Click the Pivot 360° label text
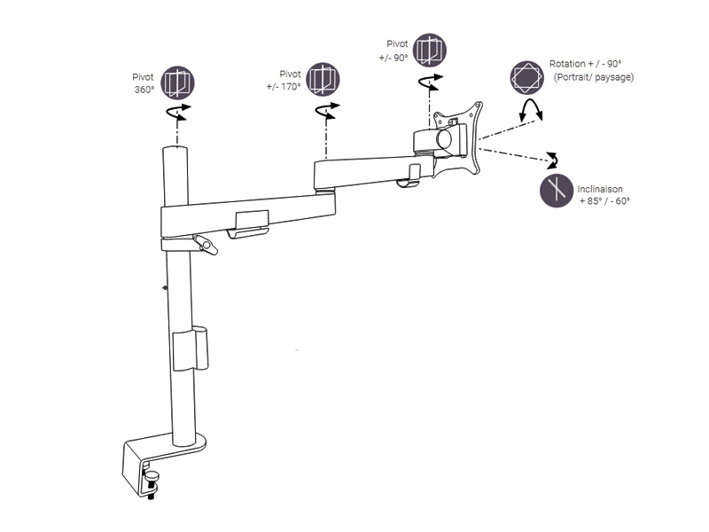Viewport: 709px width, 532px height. [x=144, y=83]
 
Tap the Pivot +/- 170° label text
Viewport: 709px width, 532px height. [x=284, y=80]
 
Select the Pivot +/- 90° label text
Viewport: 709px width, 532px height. [x=393, y=51]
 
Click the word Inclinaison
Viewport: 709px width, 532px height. [x=600, y=189]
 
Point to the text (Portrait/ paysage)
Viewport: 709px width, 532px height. [x=593, y=77]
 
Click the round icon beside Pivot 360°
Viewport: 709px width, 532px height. [x=178, y=82]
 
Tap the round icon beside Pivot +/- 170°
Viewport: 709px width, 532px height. [x=323, y=80]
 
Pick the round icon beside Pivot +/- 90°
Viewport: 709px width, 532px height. [x=430, y=51]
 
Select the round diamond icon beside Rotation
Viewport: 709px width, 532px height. [x=526, y=78]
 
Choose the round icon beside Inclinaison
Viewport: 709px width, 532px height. [x=557, y=191]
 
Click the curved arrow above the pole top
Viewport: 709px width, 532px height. [x=178, y=112]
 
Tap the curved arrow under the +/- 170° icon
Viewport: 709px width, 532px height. [x=327, y=110]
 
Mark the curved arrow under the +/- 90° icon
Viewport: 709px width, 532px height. [x=430, y=82]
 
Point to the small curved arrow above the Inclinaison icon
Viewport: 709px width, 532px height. [x=552, y=160]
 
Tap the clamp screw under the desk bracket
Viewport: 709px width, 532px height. [x=151, y=484]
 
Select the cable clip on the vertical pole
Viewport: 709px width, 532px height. [x=191, y=348]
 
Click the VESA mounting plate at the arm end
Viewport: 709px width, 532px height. [x=456, y=138]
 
